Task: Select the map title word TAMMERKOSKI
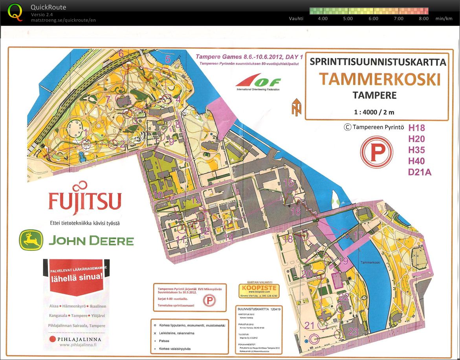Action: pos(379,79)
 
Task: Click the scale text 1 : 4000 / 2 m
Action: pos(374,112)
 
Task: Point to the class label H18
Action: pos(416,128)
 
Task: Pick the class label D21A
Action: pos(420,172)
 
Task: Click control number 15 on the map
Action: pos(288,183)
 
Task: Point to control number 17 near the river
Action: pos(359,236)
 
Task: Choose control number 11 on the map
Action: pos(181,239)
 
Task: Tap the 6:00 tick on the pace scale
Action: pos(373,18)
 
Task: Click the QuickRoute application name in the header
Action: pos(48,7)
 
